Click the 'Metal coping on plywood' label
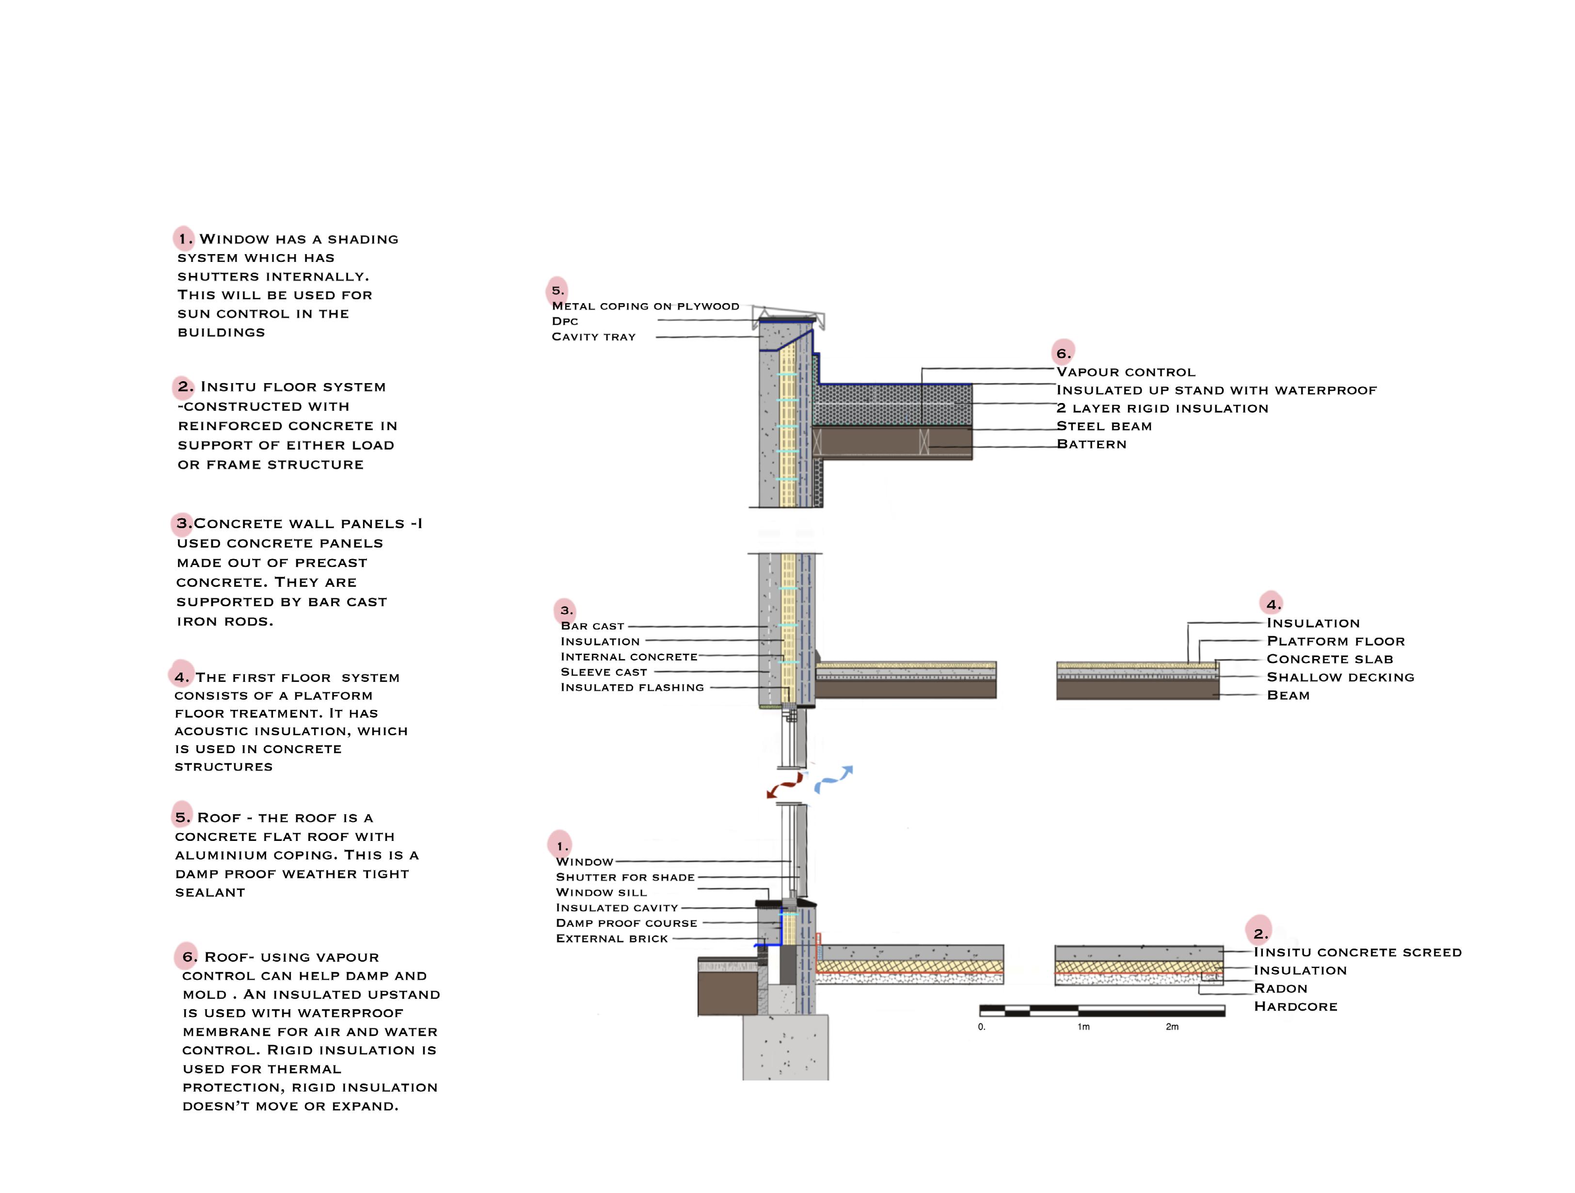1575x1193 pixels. pyautogui.click(x=645, y=306)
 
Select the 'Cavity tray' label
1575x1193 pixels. pyautogui.click(x=593, y=337)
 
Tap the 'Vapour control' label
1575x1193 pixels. pyautogui.click(x=1125, y=372)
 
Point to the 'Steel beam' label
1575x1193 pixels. pyautogui.click(x=1104, y=426)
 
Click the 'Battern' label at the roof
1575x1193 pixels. pyautogui.click(x=1091, y=444)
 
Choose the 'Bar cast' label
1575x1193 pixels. pyautogui.click(x=592, y=626)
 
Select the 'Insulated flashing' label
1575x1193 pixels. pyautogui.click(x=632, y=687)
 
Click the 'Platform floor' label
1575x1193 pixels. pyautogui.click(x=1335, y=641)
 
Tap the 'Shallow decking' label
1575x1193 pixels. pyautogui.click(x=1340, y=677)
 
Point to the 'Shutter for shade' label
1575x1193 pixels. pyautogui.click(x=624, y=877)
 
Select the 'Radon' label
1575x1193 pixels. pyautogui.click(x=1280, y=988)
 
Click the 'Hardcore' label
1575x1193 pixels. pyautogui.click(x=1295, y=1006)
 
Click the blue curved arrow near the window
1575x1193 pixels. pyautogui.click(x=833, y=779)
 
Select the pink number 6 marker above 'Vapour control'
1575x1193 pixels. pyautogui.click(x=1062, y=353)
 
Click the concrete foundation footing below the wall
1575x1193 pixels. pyautogui.click(x=785, y=1047)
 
